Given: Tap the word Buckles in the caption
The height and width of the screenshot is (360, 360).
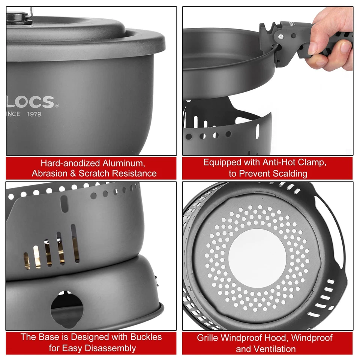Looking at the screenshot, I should (x=144, y=337).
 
